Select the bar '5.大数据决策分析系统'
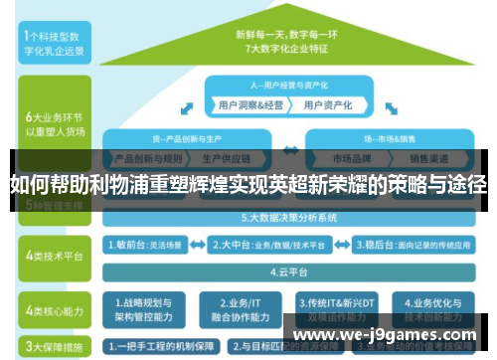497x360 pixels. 288,217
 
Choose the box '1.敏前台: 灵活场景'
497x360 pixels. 147,242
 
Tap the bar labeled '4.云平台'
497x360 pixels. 288,269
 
